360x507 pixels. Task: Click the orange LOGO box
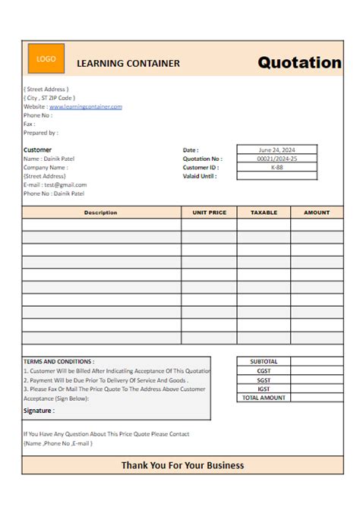click(46, 59)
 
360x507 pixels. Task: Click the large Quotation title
click(299, 63)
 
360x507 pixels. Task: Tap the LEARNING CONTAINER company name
click(128, 64)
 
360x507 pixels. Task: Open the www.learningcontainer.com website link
click(86, 107)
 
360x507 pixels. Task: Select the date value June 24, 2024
click(276, 150)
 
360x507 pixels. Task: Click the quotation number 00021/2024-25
click(276, 159)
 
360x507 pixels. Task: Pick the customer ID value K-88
click(276, 167)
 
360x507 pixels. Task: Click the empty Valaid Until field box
click(276, 176)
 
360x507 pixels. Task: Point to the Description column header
click(101, 213)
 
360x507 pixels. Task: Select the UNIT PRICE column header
click(210, 213)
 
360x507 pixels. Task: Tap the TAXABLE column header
click(264, 213)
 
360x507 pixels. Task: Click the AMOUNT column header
click(317, 213)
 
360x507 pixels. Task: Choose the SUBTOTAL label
click(264, 362)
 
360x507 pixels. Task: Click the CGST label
click(264, 371)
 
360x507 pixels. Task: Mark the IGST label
click(264, 389)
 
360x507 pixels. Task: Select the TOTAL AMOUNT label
click(264, 398)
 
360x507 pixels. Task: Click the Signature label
click(39, 411)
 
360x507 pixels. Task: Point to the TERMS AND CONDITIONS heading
click(59, 362)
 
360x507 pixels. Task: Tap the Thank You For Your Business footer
click(182, 465)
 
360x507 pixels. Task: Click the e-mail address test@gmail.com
click(65, 184)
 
